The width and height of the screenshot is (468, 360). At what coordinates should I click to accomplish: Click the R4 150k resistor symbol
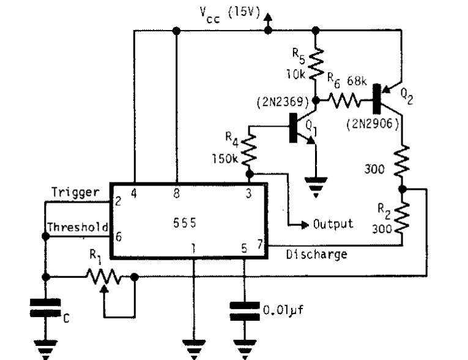click(249, 151)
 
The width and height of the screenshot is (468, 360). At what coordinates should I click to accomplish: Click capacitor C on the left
click(45, 308)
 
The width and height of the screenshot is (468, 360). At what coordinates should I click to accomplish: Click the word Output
click(333, 223)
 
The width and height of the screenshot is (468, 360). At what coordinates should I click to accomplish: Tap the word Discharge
click(316, 253)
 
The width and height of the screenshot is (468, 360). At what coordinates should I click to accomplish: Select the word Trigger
click(75, 192)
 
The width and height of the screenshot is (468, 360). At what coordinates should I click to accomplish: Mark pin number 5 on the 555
click(244, 249)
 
